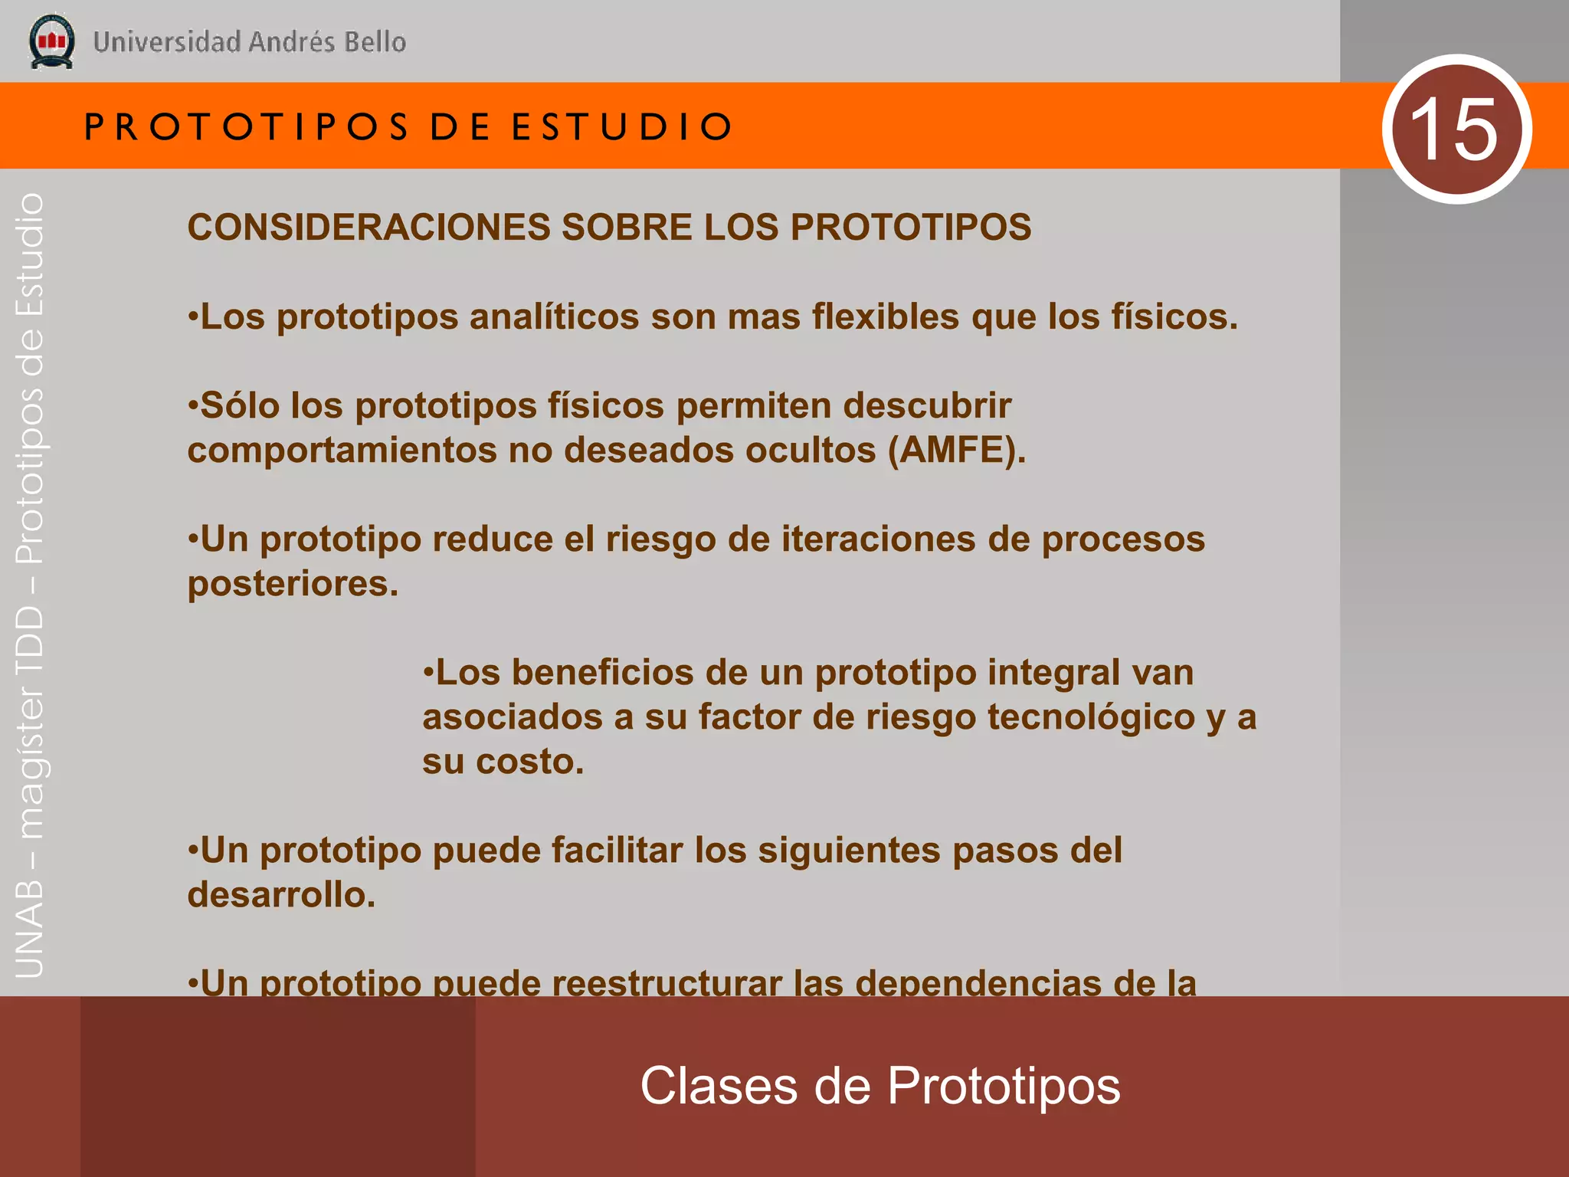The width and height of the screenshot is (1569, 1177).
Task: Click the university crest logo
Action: click(51, 41)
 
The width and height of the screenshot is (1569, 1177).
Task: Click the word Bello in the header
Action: click(375, 42)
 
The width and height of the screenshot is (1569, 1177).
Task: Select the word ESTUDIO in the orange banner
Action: click(622, 126)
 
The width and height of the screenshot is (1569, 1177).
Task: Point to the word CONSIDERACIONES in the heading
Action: click(369, 227)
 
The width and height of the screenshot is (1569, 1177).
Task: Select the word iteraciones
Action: click(878, 539)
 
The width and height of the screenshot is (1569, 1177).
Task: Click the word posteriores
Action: click(293, 584)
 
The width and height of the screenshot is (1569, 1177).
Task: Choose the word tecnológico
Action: click(1091, 717)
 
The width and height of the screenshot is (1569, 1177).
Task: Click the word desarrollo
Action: click(281, 895)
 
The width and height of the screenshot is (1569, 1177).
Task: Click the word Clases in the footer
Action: click(719, 1086)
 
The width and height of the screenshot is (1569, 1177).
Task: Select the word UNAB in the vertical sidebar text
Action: click(30, 929)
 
